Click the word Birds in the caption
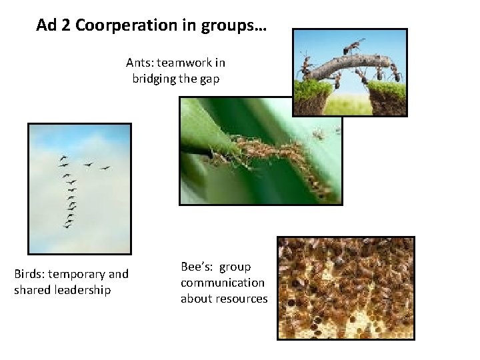point(29,274)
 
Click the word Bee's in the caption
point(197,267)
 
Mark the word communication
point(222,283)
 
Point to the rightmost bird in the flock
point(105,167)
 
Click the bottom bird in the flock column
point(67,226)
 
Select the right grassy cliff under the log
point(386,98)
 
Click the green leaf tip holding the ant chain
point(200,137)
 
